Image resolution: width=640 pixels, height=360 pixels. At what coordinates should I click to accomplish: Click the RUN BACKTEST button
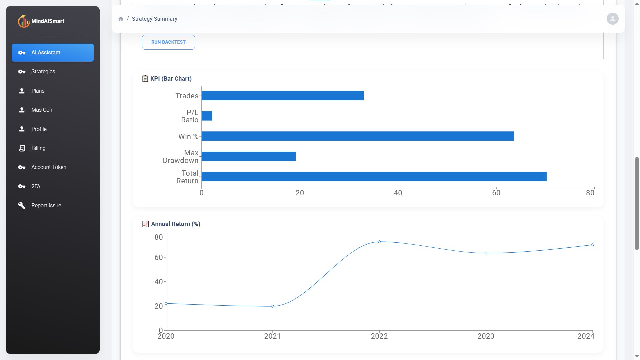tap(168, 42)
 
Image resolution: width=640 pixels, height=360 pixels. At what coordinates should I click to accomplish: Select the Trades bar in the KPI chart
tap(282, 96)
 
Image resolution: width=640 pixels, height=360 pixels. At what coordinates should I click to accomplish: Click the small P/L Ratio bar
tap(207, 116)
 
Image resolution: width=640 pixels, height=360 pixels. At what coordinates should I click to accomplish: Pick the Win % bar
tap(358, 136)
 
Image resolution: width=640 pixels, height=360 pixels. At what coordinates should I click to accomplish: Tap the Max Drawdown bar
tap(248, 156)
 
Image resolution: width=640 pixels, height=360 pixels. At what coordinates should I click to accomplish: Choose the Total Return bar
tap(374, 177)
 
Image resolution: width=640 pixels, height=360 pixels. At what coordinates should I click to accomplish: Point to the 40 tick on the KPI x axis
tap(398, 193)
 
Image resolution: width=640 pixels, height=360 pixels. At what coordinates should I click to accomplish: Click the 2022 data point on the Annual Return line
tap(379, 242)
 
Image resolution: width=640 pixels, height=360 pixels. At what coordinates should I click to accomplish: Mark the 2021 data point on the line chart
tap(273, 306)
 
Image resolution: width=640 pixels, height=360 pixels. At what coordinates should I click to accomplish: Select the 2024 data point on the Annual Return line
tap(592, 245)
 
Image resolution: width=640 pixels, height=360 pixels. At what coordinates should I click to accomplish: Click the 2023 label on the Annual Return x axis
tap(486, 336)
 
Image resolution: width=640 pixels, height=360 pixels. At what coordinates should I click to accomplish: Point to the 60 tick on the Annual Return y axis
tap(159, 257)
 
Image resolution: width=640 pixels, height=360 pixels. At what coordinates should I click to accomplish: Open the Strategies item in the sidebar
tap(43, 72)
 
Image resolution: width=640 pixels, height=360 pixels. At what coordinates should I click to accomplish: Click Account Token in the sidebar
tap(49, 167)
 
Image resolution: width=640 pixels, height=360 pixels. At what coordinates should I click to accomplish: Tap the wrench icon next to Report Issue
tap(22, 205)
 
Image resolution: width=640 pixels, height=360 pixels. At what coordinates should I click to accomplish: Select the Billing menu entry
tap(38, 148)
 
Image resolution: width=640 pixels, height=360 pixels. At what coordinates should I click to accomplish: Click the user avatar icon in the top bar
tap(612, 19)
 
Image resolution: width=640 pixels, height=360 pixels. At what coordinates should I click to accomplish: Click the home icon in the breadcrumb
tap(121, 19)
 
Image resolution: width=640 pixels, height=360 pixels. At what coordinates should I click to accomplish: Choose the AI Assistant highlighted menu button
tap(53, 53)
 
